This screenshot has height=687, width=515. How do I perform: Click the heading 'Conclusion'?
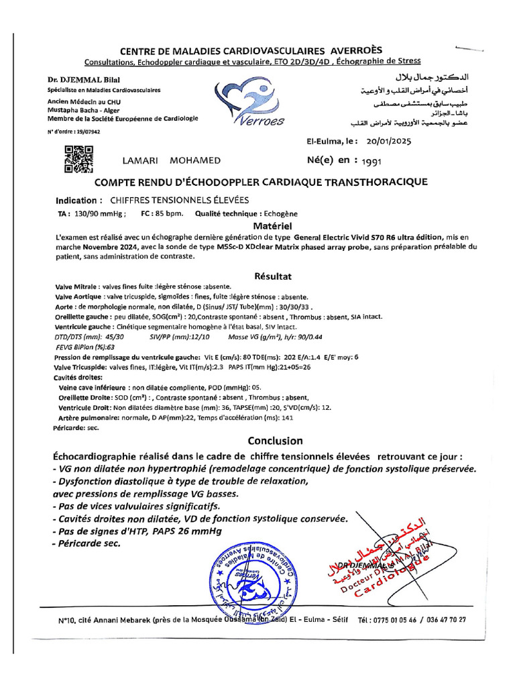click(x=275, y=441)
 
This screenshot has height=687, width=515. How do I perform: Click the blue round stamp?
click(x=251, y=577)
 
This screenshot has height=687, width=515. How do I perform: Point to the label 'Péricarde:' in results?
click(x=72, y=426)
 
